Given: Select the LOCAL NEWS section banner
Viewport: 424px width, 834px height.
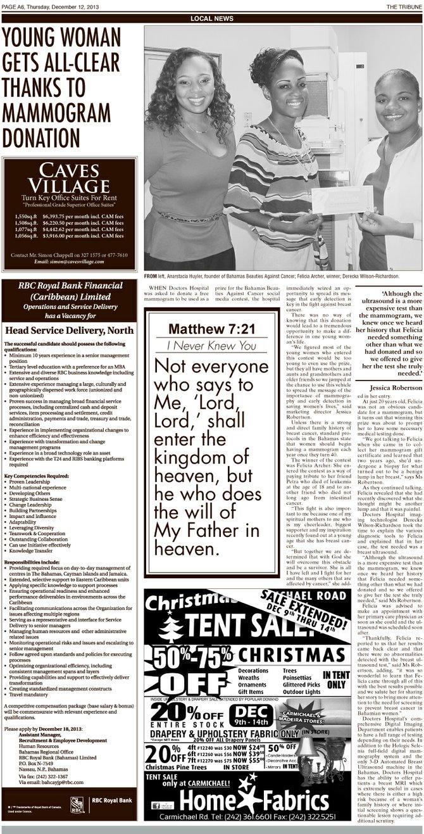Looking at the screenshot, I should pos(211,19).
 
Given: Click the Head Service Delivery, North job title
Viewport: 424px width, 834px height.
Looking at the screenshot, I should pos(70,330).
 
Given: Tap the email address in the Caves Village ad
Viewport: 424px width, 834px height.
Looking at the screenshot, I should pos(68,262).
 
